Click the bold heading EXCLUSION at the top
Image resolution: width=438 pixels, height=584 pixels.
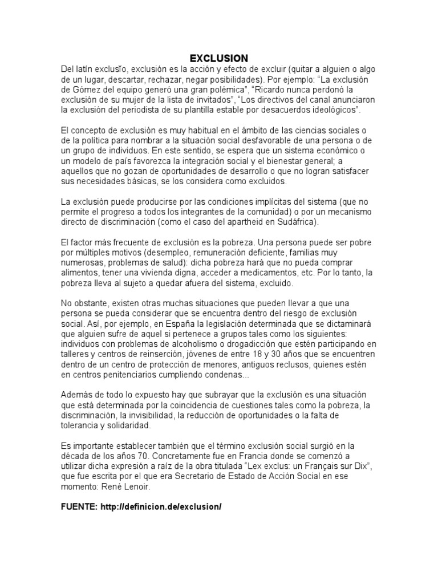coord(218,58)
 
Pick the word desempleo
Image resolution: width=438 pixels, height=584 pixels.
coord(167,252)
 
